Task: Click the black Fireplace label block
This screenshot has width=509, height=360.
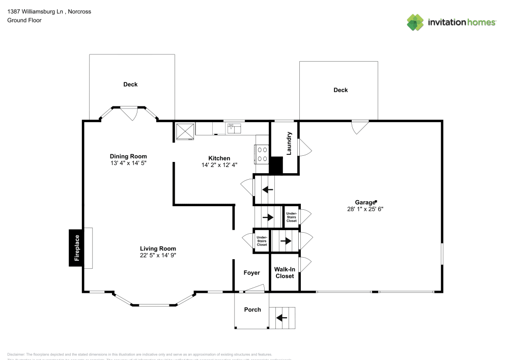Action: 77,248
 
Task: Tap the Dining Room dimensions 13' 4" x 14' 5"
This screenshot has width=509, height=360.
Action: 128,163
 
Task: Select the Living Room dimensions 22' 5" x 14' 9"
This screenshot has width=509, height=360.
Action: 158,256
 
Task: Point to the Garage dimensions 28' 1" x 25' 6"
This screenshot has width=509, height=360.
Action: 362,209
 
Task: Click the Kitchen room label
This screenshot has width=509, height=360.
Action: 219,158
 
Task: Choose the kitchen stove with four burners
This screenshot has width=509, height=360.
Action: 262,154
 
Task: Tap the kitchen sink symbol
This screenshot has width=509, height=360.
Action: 233,127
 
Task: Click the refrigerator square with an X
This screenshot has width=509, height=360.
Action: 184,130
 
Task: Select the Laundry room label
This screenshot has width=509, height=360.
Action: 289,144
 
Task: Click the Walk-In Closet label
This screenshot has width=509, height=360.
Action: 285,272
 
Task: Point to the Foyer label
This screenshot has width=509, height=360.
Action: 251,273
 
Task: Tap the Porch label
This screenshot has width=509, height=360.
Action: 252,310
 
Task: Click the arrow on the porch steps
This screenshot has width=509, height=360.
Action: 281,318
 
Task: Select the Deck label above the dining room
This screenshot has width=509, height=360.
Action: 130,85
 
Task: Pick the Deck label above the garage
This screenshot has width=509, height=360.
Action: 341,90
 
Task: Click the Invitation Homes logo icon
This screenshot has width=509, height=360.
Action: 415,22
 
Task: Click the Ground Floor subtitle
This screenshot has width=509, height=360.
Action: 24,20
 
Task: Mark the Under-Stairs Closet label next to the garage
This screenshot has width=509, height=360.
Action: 291,217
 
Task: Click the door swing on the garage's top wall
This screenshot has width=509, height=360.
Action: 359,126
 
